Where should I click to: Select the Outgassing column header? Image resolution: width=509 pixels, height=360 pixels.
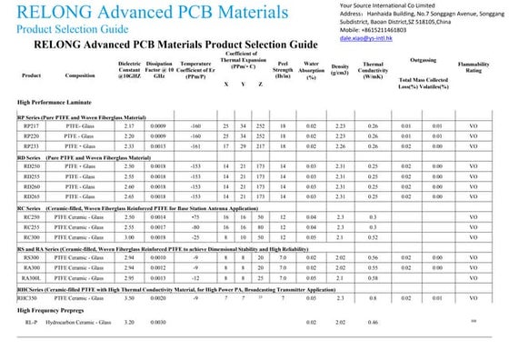[x=423, y=58]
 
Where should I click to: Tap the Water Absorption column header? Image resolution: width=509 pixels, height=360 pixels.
[x=311, y=70]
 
